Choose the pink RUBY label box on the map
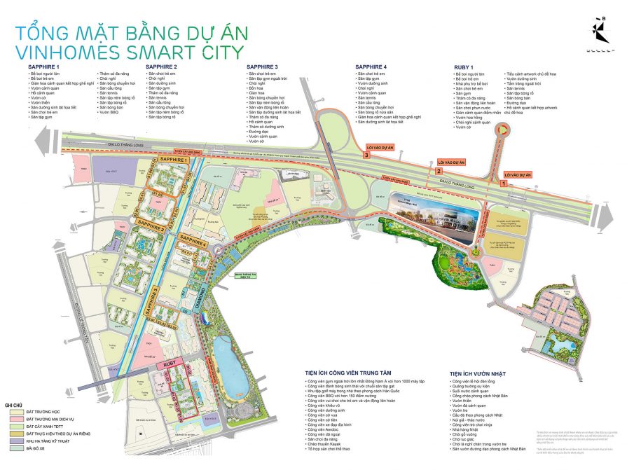(x=168, y=364)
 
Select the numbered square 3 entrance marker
(x=366, y=155)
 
